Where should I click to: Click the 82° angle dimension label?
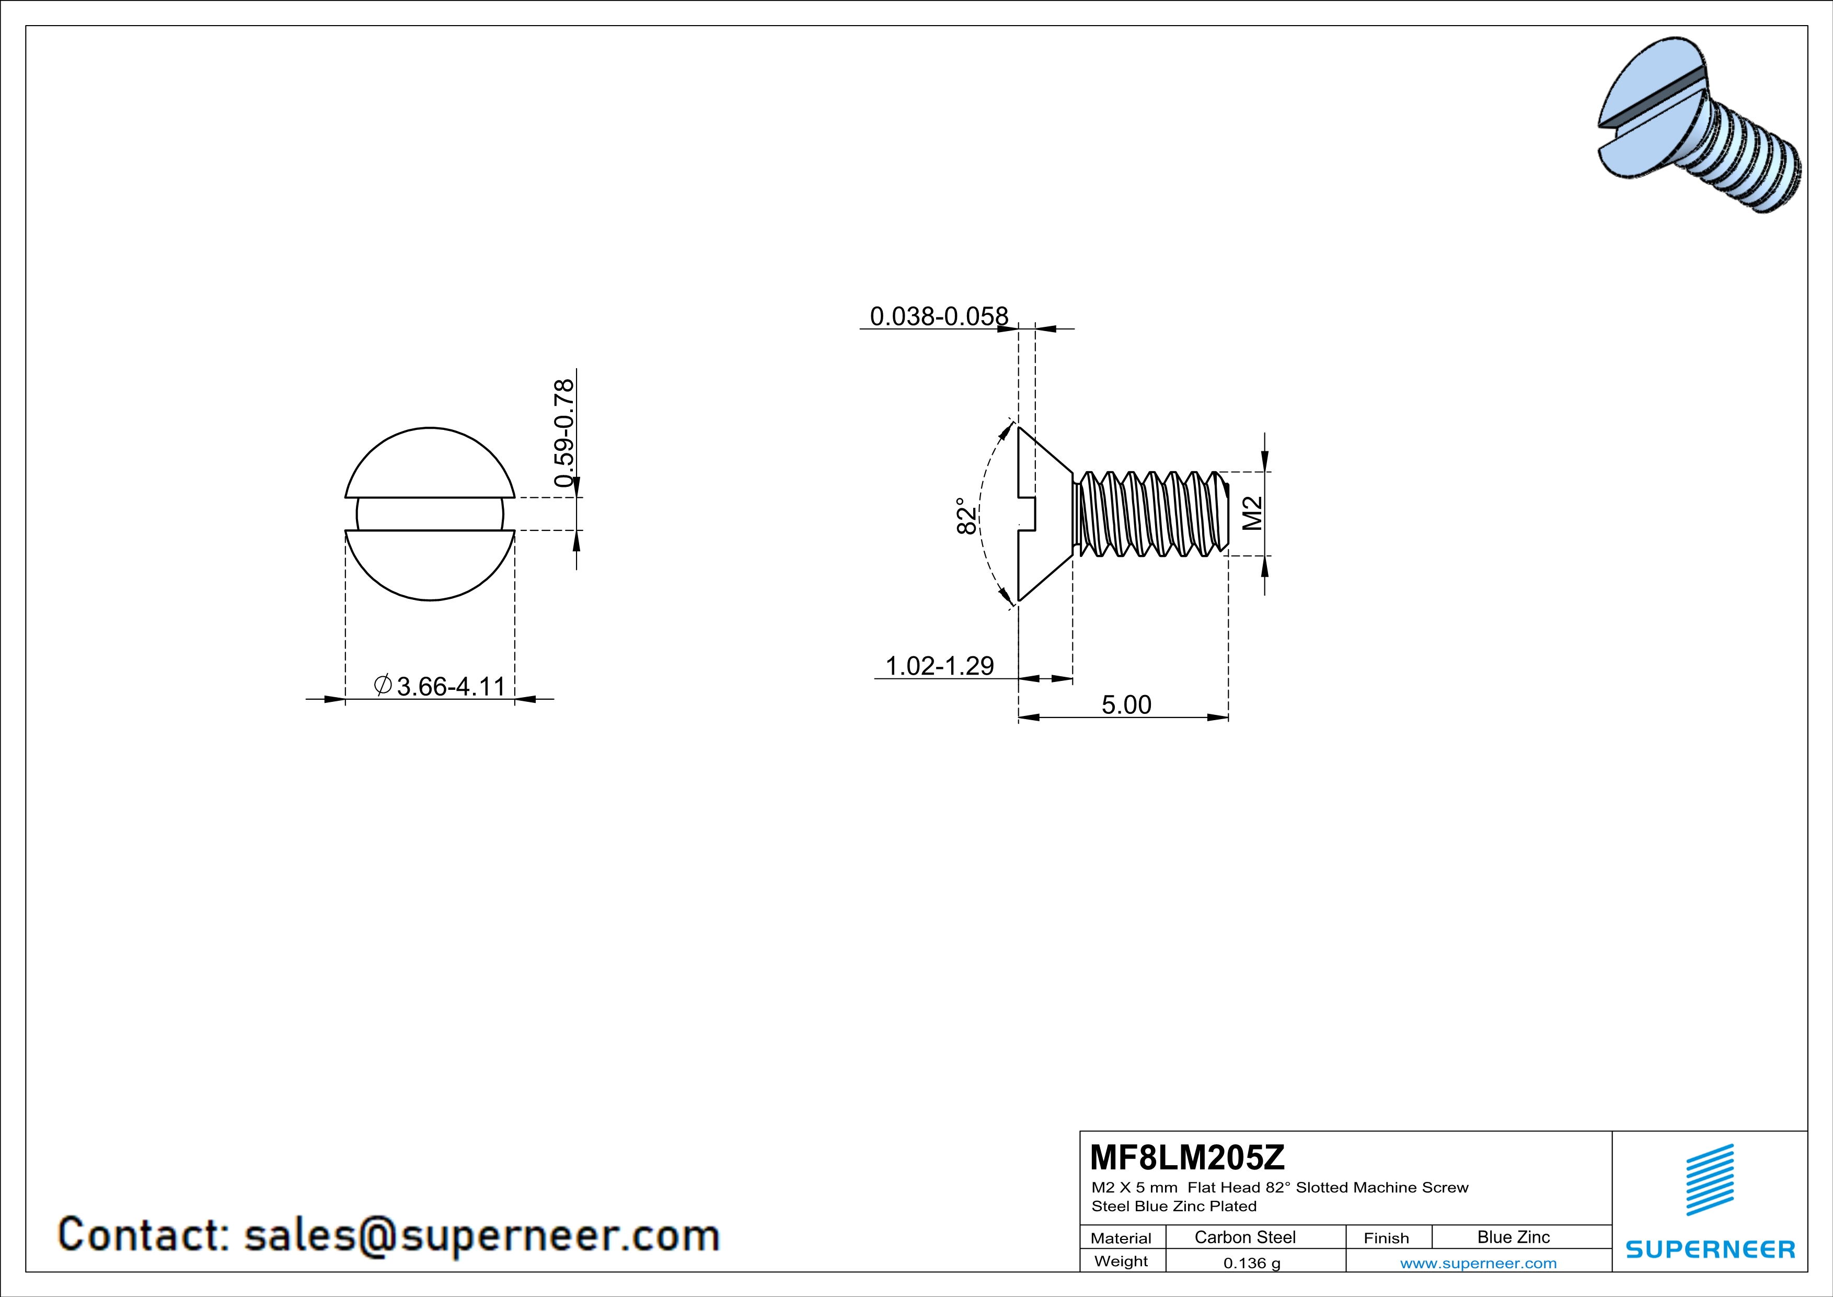[966, 516]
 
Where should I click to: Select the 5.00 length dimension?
[1126, 704]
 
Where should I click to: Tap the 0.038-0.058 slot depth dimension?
[938, 316]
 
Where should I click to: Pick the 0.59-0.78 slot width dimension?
[563, 433]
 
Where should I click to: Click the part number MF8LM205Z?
[1186, 1156]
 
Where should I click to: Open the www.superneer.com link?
[1478, 1262]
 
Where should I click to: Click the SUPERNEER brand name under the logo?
[1710, 1249]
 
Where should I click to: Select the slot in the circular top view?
[430, 514]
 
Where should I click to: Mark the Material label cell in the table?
[1121, 1238]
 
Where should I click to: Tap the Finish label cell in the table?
[1386, 1238]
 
